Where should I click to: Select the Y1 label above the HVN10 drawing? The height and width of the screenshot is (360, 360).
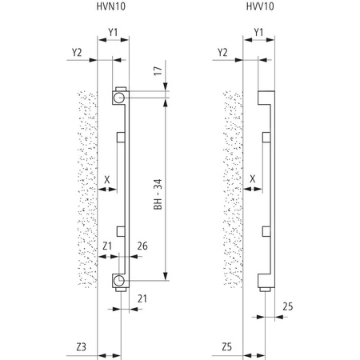pyautogui.click(x=113, y=33)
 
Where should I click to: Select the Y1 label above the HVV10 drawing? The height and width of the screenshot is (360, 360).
pyautogui.click(x=258, y=33)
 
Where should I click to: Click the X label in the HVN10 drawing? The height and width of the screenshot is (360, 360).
pyautogui.click(x=107, y=180)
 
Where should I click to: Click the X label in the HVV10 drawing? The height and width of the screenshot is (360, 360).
pyautogui.click(x=254, y=180)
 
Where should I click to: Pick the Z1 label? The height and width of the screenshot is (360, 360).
pyautogui.click(x=108, y=244)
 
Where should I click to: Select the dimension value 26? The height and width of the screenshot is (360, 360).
pyautogui.click(x=142, y=244)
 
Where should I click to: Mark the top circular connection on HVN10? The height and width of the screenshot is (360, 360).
pyautogui.click(x=118, y=97)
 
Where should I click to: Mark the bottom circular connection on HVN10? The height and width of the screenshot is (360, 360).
pyautogui.click(x=118, y=281)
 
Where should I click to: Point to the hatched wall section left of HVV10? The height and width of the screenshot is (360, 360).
pyautogui.click(x=231, y=192)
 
